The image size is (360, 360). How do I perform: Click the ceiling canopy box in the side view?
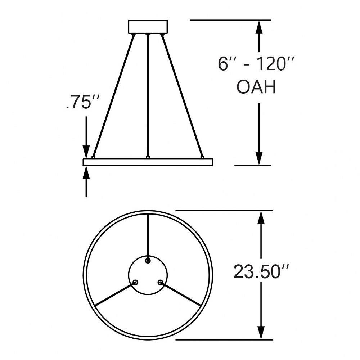point(148,27)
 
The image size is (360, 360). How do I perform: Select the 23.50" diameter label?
point(261,272)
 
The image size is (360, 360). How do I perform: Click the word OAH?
point(256,87)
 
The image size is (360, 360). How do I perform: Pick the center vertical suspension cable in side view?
point(148,96)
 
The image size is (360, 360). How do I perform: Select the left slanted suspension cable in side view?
point(113,96)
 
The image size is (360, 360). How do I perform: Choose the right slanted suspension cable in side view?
point(182,96)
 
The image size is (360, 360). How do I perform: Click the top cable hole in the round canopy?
point(148,261)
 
